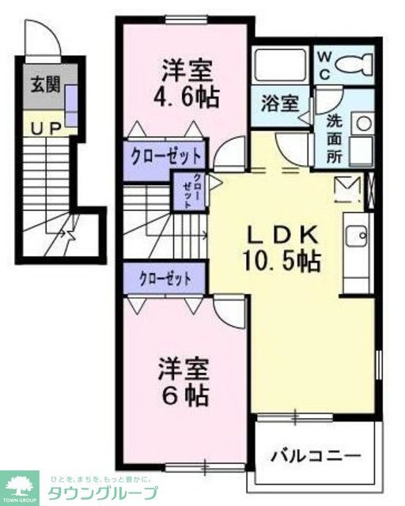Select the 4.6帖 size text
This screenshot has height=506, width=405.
[187, 97]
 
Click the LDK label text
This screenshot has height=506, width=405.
[285, 235]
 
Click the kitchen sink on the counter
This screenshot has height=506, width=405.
[356, 235]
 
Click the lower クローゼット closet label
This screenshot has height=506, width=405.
[165, 278]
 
